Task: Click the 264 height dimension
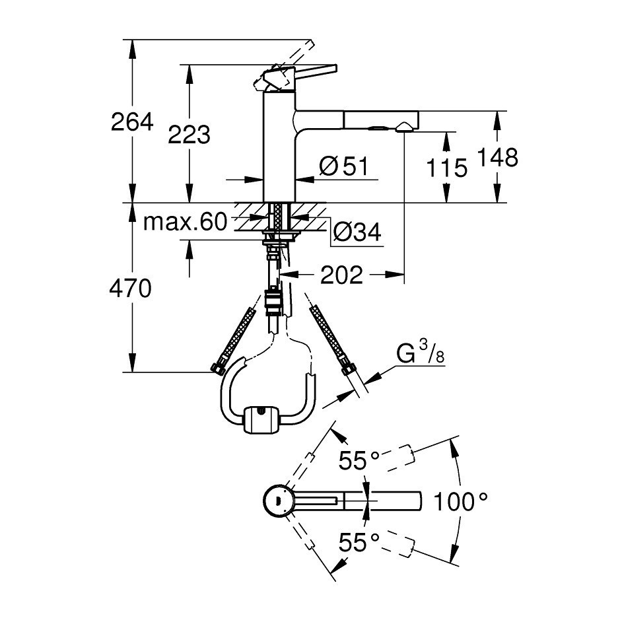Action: point(132,122)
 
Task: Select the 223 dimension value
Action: point(189,135)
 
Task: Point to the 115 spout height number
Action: point(446,168)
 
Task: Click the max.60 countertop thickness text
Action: point(185,222)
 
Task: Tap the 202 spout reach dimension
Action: point(342,275)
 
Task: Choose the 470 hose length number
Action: point(131,289)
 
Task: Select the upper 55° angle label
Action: point(360,460)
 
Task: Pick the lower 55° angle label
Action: point(360,543)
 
